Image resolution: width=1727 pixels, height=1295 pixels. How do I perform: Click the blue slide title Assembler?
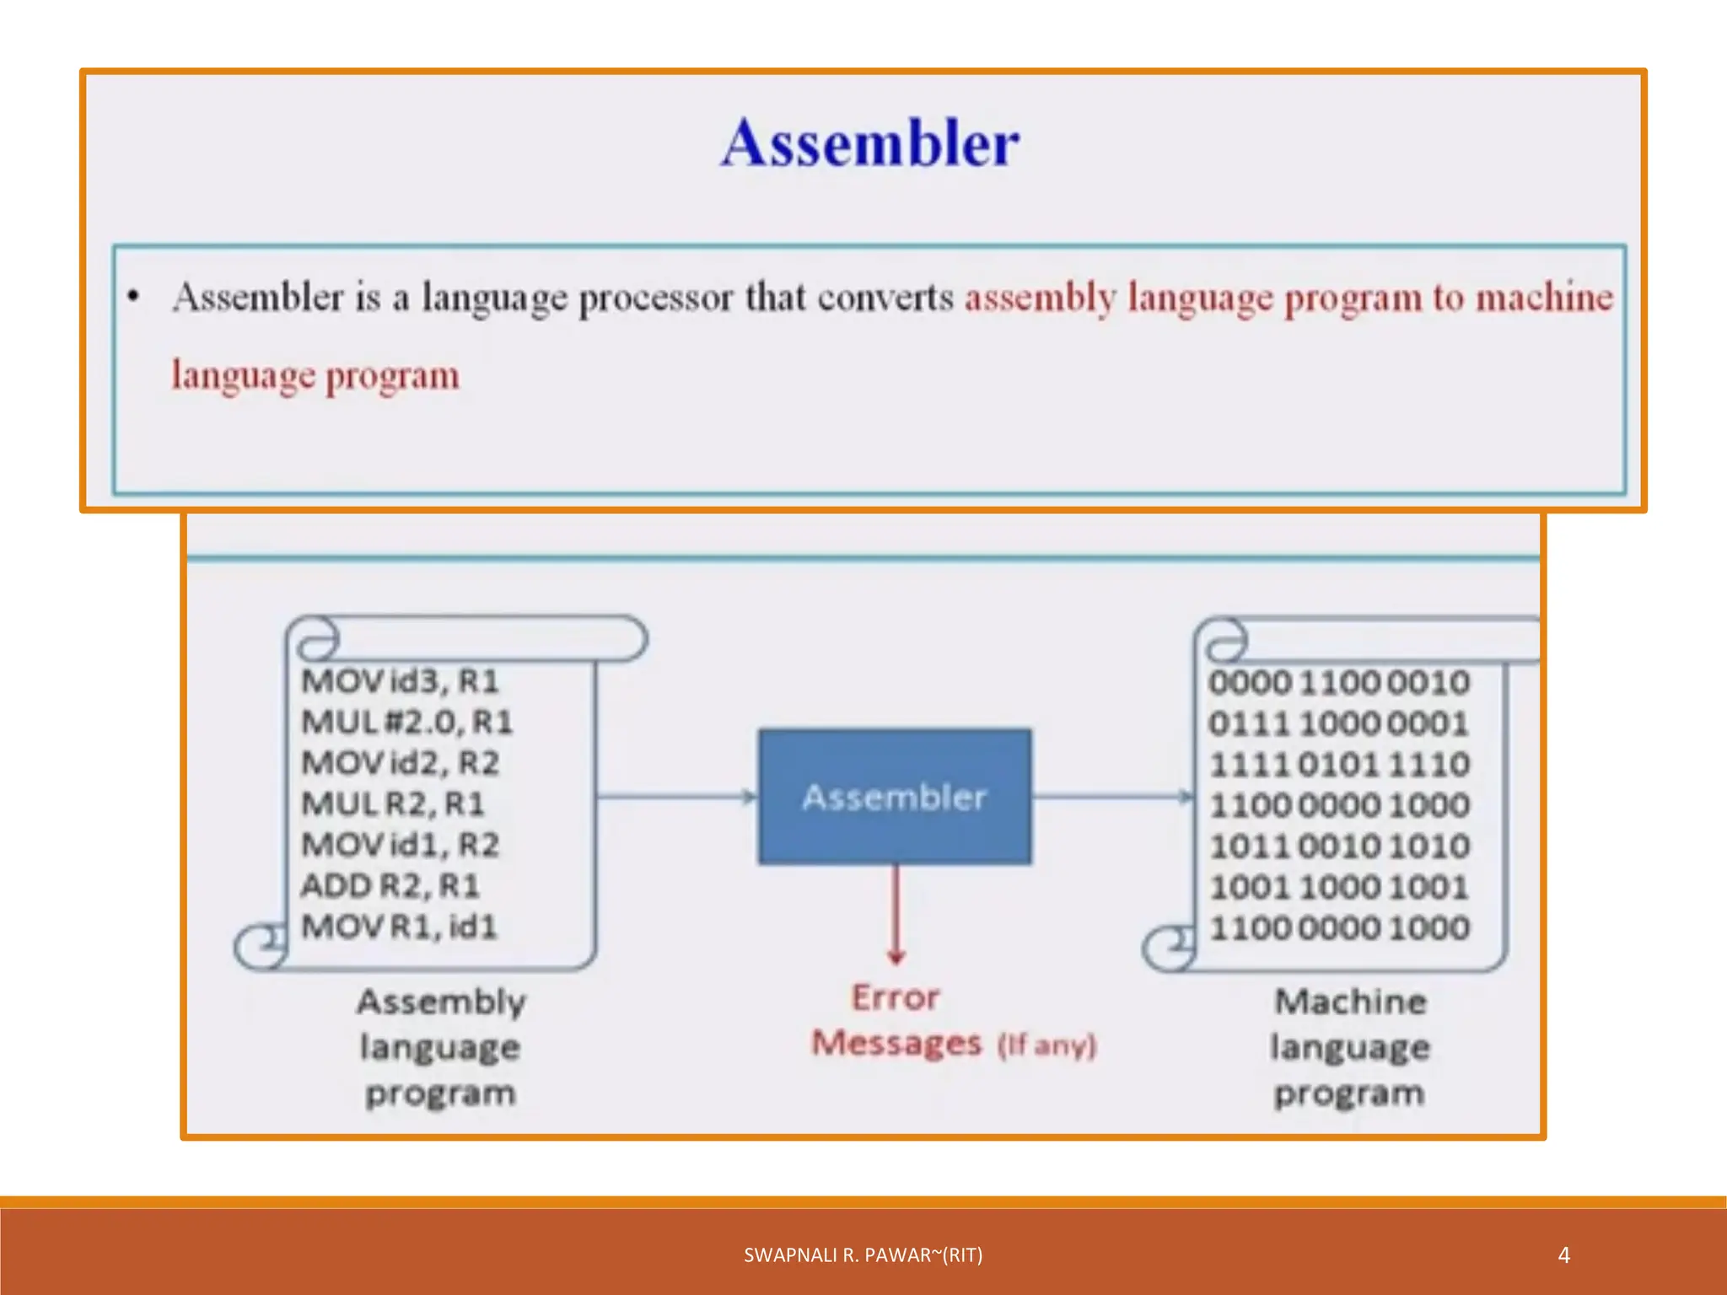869,142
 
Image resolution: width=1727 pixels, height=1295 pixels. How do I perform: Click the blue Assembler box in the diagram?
894,796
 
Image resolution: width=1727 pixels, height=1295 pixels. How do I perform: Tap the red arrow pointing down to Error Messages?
896,915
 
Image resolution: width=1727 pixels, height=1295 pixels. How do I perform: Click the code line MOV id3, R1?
401,680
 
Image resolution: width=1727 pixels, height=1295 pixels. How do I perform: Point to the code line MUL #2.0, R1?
407,722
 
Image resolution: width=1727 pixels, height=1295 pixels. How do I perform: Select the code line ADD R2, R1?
390,885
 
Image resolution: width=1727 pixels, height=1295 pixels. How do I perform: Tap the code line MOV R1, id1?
400,927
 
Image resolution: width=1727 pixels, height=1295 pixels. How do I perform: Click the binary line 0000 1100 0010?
1338,682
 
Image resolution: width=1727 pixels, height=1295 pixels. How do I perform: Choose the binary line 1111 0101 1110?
1339,765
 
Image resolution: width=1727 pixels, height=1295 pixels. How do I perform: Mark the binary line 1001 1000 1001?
1339,887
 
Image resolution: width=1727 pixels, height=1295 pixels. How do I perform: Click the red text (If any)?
1046,1045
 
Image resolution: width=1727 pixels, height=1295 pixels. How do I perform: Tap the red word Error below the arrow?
895,997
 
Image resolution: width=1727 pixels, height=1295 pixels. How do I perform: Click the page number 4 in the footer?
1563,1255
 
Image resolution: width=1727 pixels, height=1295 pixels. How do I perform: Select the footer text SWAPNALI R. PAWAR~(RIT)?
863,1255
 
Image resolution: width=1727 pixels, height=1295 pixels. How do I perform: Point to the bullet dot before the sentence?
132,296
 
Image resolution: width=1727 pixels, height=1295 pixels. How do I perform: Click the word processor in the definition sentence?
655,298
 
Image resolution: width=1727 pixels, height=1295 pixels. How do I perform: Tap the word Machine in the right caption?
1350,1002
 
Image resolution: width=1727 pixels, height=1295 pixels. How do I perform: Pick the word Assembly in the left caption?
441,1002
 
